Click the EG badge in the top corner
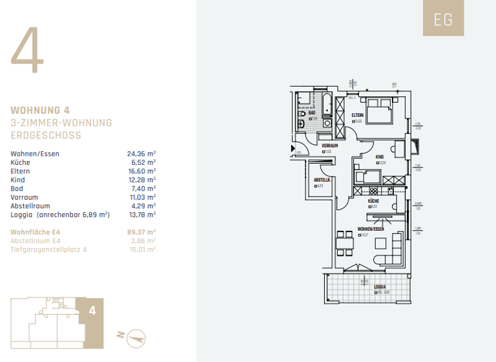pos(443,19)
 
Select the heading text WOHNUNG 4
pos(40,111)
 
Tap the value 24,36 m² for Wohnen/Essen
pos(141,154)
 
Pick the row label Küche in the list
pos(20,162)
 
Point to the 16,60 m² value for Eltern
pos(141,171)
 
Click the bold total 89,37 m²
pos(141,231)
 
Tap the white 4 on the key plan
pos(92,311)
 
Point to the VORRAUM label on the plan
pos(330,146)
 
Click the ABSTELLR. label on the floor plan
pos(322,180)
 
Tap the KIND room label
pos(381,156)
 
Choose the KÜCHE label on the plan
pos(373,201)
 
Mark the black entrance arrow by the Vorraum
pos(293,147)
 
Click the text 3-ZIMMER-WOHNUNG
pos(61,123)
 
